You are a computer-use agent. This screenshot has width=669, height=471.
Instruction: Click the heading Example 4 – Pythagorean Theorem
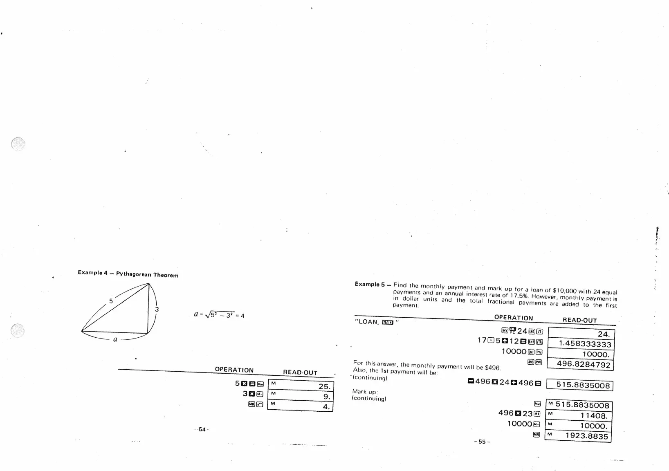pos(128,274)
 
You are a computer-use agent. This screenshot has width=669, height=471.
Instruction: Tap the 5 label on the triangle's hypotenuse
pos(110,301)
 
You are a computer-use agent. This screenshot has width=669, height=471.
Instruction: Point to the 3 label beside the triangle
pos(157,310)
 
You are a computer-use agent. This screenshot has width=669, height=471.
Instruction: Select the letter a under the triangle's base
pos(115,339)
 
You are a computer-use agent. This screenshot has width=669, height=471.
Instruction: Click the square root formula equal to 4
pos(219,315)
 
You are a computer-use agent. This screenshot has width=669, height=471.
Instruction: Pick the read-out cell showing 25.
pos(301,386)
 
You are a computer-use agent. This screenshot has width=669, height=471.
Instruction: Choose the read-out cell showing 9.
pos(301,396)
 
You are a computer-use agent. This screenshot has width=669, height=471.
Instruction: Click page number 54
pos(202,429)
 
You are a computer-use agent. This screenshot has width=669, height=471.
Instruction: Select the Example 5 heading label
pos(370,284)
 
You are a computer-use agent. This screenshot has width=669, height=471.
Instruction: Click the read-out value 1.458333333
pos(581,344)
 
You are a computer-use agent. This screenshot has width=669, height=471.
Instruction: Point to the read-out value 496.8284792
pos(581,364)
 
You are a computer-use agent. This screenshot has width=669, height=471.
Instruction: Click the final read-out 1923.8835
pos(579,436)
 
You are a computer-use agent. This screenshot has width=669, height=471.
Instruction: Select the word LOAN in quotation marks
pos(368,322)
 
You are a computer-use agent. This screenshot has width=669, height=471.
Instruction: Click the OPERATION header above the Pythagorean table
pos(234,370)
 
